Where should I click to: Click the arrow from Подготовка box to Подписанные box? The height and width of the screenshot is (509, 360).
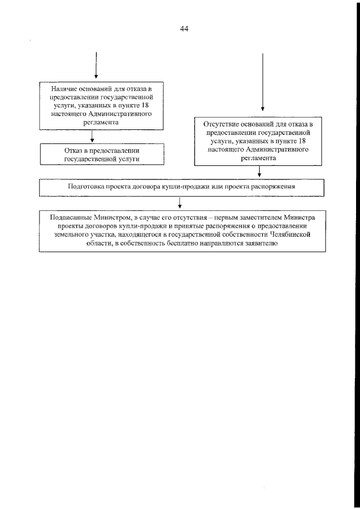pyautogui.click(x=179, y=202)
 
